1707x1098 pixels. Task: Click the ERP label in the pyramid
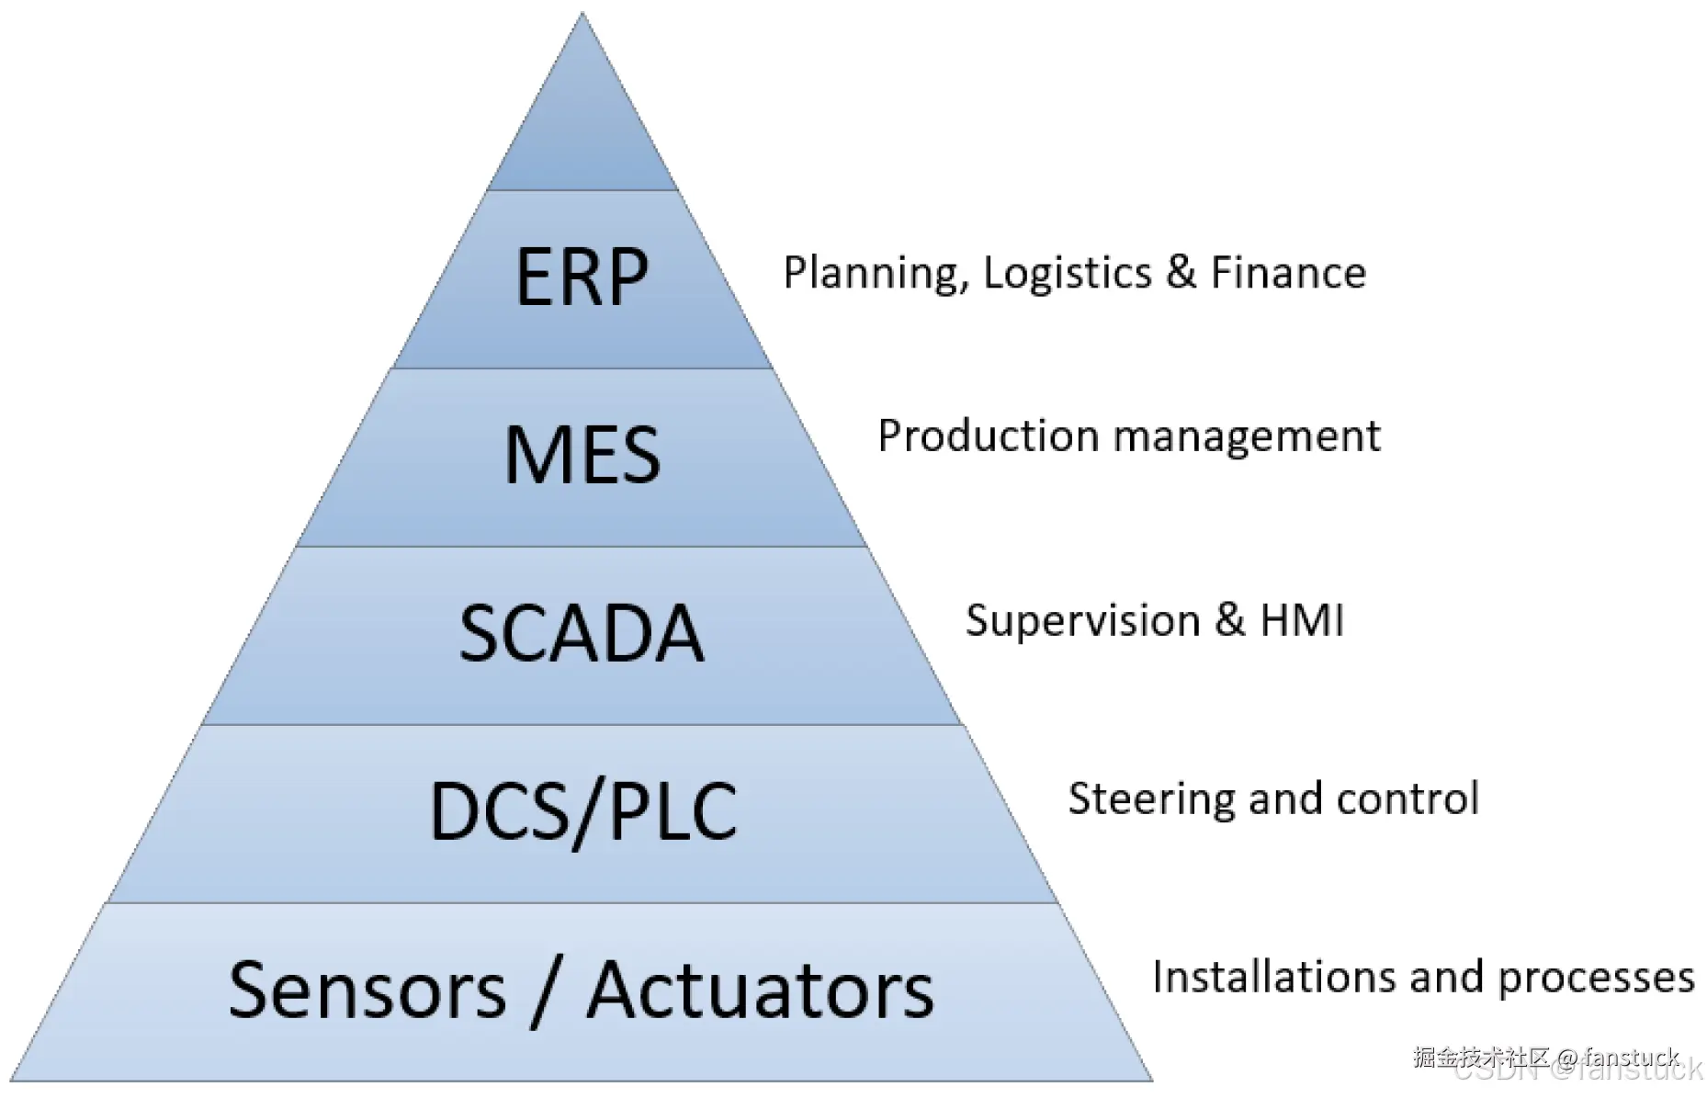[582, 277]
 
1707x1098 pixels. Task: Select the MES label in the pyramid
[582, 455]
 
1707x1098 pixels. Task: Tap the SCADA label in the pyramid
[582, 633]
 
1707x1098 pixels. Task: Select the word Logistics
[1067, 274]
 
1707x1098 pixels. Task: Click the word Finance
[1288, 273]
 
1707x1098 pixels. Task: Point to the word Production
[988, 436]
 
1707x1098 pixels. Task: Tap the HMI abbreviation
[1302, 620]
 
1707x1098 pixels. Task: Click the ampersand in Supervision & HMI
[1229, 620]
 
